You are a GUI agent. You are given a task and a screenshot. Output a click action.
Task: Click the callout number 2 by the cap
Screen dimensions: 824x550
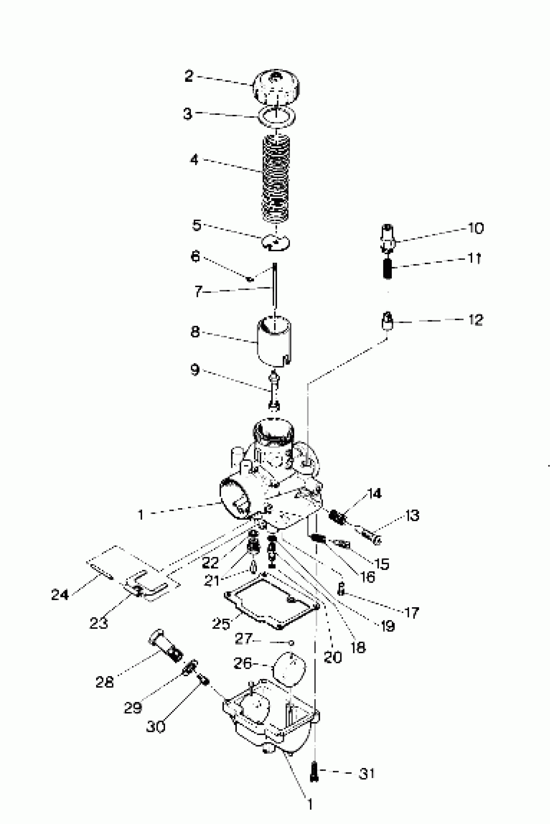coord(189,76)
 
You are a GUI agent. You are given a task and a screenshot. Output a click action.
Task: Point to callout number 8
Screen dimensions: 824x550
coord(195,332)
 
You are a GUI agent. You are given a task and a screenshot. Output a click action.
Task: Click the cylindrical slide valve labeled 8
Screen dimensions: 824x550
coord(275,342)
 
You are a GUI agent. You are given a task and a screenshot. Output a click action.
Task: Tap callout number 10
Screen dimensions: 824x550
coord(476,228)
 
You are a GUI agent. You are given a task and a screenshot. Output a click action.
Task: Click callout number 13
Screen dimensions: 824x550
coord(412,515)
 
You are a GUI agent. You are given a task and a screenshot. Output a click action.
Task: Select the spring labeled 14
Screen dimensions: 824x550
coord(338,517)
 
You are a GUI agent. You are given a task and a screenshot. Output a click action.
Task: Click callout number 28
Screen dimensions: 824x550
coord(104,682)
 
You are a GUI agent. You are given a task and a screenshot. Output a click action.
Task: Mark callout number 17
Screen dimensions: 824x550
coord(412,612)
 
